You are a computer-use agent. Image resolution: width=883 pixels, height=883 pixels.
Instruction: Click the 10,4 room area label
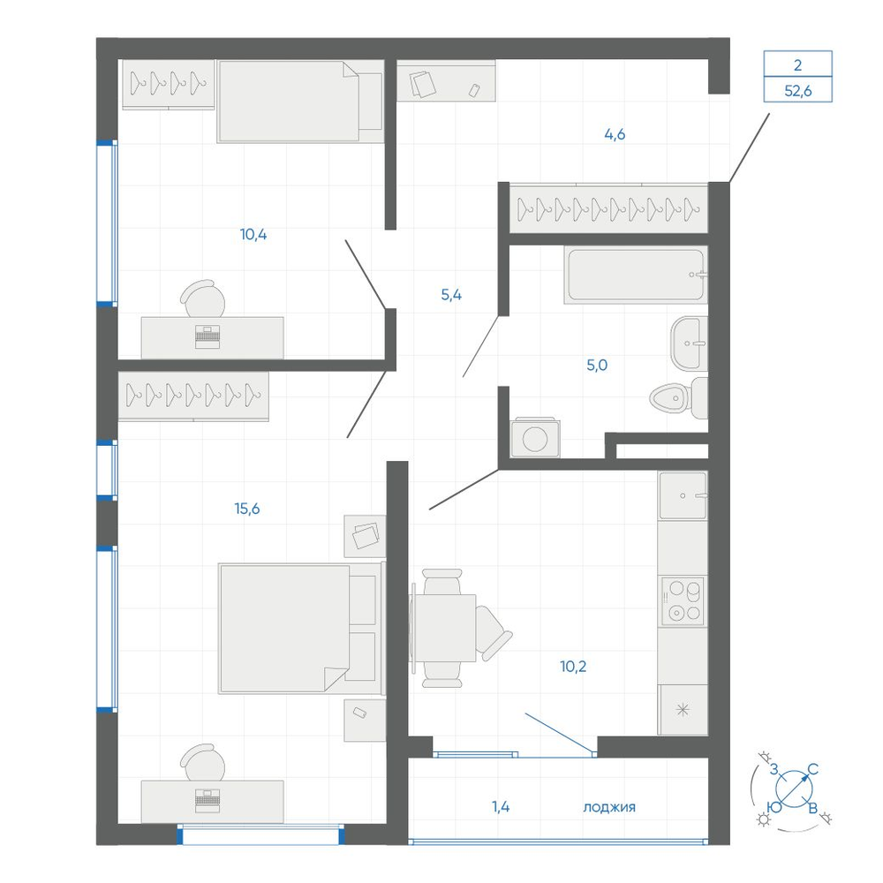coord(253,234)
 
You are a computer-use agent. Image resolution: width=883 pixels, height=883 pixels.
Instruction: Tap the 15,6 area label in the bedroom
coord(247,509)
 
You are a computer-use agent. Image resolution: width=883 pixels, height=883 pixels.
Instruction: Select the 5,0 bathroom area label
coord(597,365)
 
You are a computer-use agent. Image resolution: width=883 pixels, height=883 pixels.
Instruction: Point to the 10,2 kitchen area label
coord(573,666)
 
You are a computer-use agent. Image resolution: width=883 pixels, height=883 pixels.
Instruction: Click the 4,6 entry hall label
coord(615,134)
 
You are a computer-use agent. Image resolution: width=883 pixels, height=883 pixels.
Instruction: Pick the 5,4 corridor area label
coord(451,295)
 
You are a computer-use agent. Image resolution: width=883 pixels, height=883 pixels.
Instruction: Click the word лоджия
coord(609,808)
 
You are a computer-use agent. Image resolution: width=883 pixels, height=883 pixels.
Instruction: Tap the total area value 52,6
coord(798,90)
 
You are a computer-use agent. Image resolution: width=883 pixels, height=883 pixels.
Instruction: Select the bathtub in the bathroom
coord(636,275)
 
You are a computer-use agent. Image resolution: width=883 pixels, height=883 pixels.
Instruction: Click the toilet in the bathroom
coord(678,398)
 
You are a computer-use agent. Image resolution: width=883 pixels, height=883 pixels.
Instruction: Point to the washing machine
coord(535,438)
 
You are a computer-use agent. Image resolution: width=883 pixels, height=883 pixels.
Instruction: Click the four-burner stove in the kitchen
coord(683,600)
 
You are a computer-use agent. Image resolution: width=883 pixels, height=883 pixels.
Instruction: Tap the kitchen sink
coord(683,495)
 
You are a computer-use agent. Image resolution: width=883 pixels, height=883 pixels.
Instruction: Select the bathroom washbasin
coord(689,343)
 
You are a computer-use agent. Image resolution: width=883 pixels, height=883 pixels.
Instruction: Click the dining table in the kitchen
coord(445,628)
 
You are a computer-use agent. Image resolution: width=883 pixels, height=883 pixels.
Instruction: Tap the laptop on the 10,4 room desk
coord(208,336)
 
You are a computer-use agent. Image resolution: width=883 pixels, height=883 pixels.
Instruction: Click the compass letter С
coord(812,769)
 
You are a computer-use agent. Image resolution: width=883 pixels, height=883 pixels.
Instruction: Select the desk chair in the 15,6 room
coord(203,761)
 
